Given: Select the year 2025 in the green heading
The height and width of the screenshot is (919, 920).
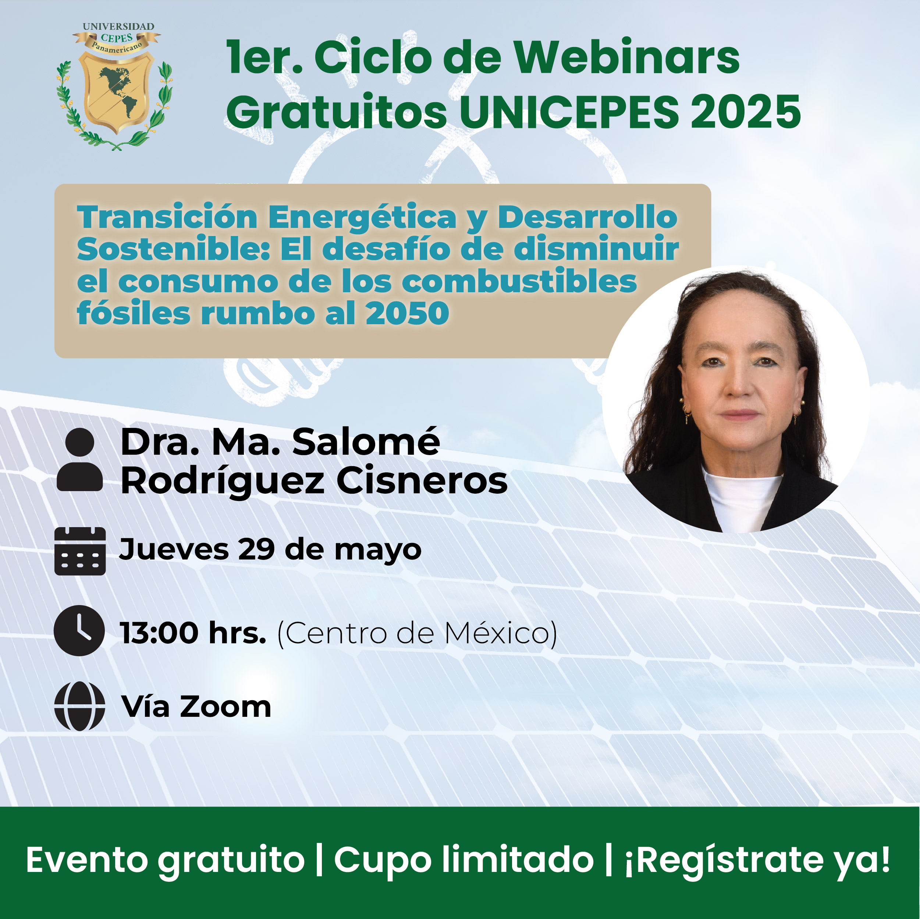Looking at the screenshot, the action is click(x=746, y=112).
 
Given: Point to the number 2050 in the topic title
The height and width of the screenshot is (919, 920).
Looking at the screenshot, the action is click(x=407, y=314).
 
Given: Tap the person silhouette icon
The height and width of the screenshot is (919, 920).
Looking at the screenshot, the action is click(x=79, y=459).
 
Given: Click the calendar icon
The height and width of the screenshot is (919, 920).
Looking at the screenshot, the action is click(x=80, y=551).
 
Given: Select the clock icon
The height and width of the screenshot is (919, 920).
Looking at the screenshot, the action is click(x=79, y=630).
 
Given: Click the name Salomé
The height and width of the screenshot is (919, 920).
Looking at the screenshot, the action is click(x=366, y=441).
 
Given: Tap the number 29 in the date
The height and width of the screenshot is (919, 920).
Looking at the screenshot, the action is click(x=256, y=549).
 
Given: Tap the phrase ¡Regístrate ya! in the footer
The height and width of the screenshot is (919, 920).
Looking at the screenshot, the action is click(x=757, y=861).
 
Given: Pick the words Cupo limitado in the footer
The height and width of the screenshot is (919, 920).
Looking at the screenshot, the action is click(x=464, y=861).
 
